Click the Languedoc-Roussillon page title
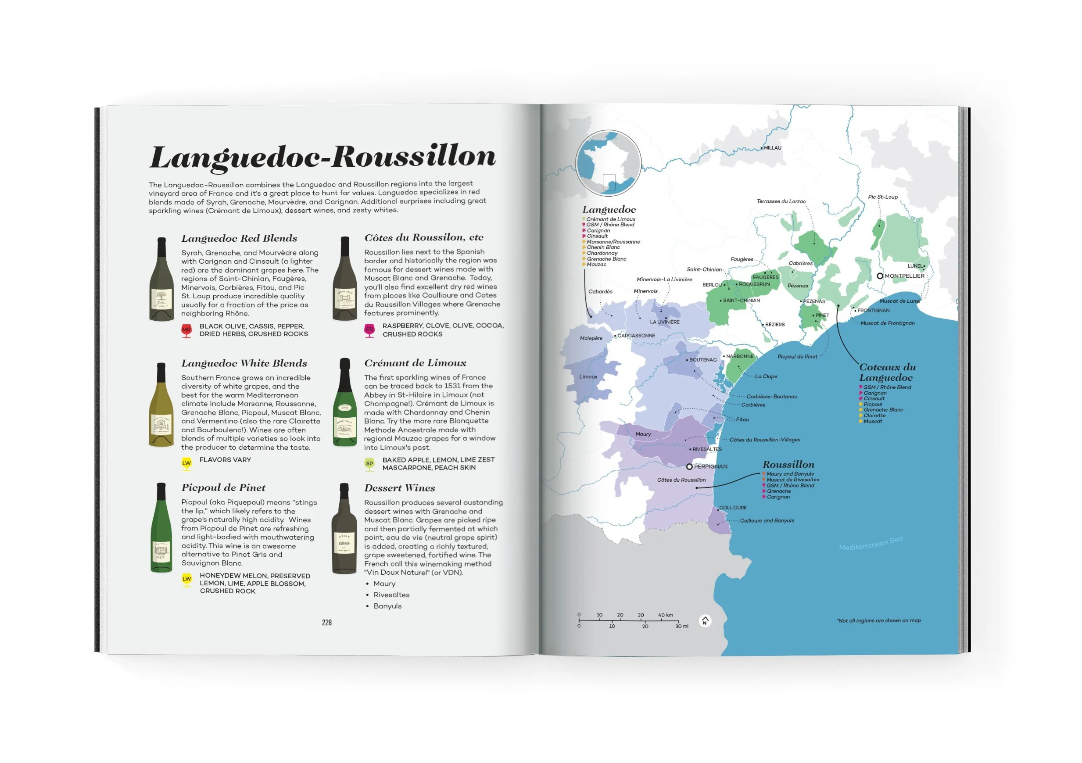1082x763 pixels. tap(323, 157)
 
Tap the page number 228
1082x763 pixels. tap(326, 623)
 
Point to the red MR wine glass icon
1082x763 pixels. tap(186, 330)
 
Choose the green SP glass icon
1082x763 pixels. tap(369, 464)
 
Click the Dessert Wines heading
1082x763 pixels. tap(399, 488)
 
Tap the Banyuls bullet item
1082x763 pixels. tap(387, 606)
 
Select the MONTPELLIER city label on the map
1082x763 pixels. tap(904, 276)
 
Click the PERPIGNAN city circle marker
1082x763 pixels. tap(689, 466)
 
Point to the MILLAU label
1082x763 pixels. tap(772, 148)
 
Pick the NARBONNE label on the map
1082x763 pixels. tap(740, 356)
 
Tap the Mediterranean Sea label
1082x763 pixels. tap(871, 543)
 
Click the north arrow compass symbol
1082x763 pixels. tap(705, 621)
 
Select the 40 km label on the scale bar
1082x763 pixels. tap(666, 615)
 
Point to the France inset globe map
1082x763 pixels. tap(609, 163)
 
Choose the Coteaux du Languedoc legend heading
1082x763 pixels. tap(887, 372)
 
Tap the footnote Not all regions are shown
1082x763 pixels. tap(878, 621)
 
